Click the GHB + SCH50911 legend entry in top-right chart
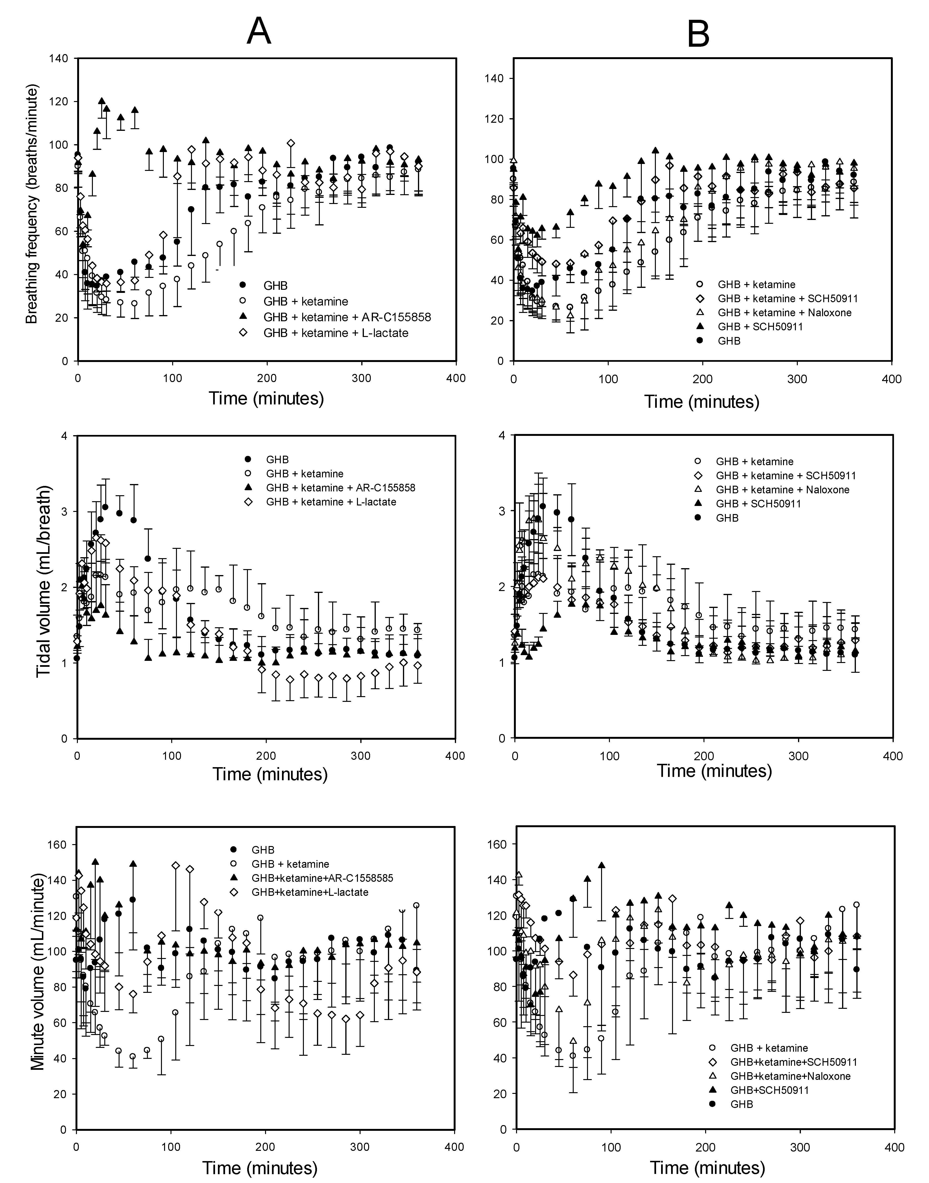760,326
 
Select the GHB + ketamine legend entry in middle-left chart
304,474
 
